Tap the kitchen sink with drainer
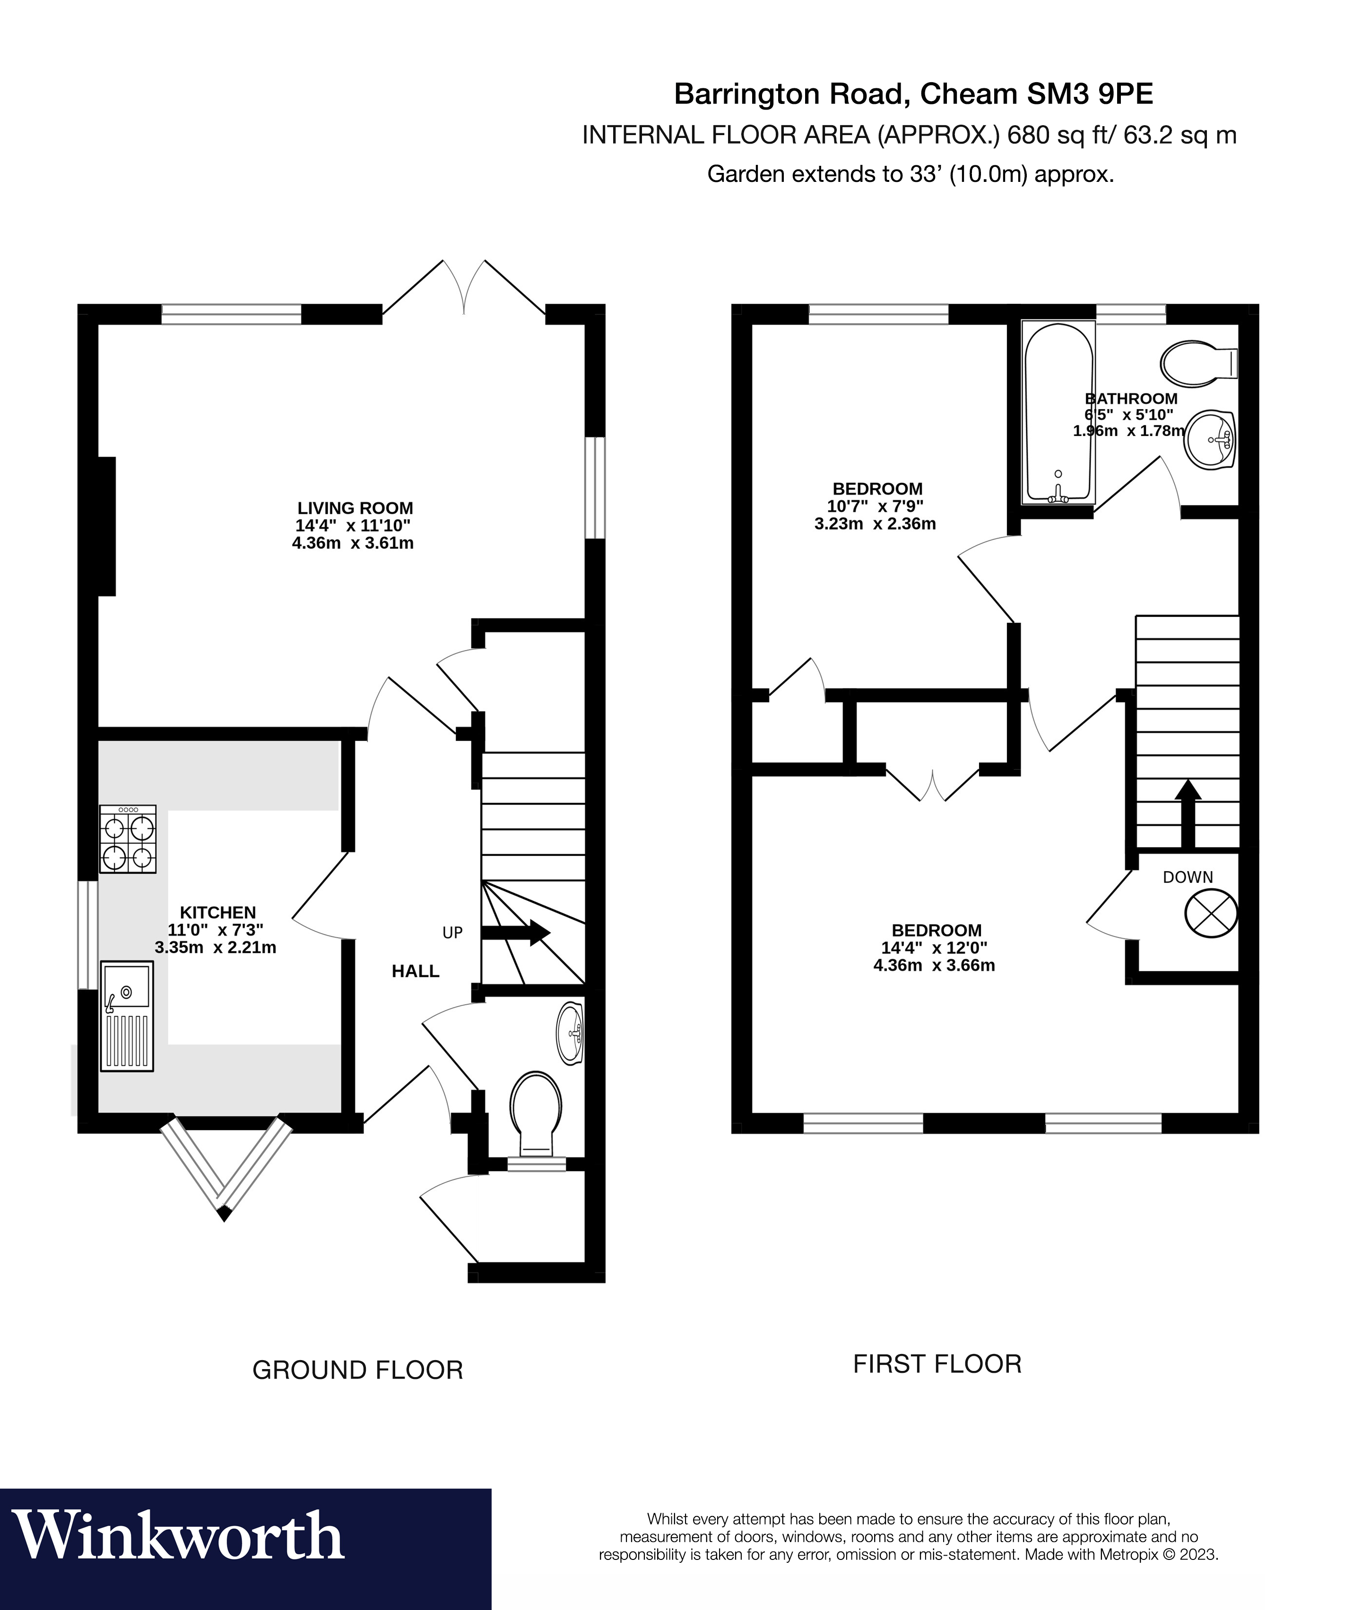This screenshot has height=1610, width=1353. [127, 1016]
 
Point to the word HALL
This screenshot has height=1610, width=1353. [415, 971]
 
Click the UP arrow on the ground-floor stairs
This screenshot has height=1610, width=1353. [515, 932]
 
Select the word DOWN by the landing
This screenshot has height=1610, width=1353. [1188, 877]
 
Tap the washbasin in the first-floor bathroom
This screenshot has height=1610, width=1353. [1210, 440]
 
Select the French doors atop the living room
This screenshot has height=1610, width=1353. [464, 288]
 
